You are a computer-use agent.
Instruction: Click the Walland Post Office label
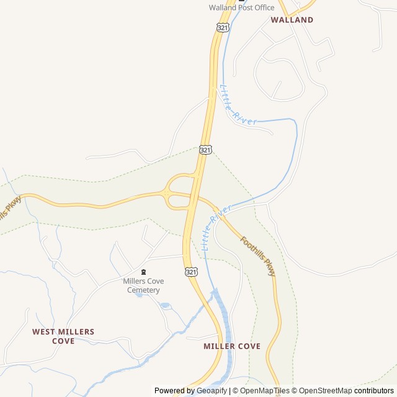[241, 7]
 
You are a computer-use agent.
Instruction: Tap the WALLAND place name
[292, 20]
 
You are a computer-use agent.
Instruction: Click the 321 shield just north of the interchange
[206, 149]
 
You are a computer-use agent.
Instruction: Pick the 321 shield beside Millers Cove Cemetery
[191, 272]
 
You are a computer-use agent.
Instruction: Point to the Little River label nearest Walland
[236, 106]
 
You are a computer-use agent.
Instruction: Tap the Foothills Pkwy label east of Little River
[258, 256]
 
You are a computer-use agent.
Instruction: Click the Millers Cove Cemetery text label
[143, 285]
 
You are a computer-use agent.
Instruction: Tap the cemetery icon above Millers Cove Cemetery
[143, 272]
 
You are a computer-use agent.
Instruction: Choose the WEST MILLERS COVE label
[63, 336]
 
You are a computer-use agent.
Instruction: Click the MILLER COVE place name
[232, 346]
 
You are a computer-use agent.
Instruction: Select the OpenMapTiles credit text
[264, 391]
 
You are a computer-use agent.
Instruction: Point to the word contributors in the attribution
[374, 391]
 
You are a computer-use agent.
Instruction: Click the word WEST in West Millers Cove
[44, 332]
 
